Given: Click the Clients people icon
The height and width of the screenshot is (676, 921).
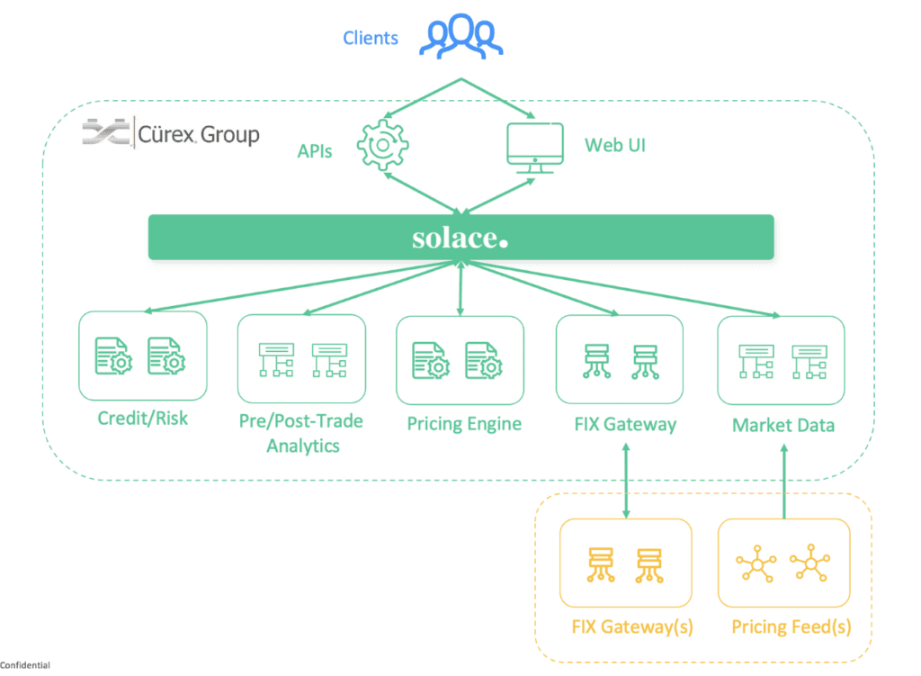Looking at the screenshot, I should point(460,38).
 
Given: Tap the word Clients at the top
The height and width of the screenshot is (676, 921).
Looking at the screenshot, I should point(370,39).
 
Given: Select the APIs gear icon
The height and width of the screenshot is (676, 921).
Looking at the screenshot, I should point(383,146).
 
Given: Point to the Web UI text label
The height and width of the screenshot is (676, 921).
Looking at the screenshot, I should point(615,145).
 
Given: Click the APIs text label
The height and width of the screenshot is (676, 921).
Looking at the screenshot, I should point(315,151).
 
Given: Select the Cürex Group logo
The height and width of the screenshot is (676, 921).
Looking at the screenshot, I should point(171,135).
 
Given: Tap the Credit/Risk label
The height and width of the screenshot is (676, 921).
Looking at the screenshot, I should point(143,418).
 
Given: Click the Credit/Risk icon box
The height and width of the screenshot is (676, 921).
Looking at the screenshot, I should point(142,356).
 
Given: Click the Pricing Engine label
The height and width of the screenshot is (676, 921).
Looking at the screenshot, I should point(464,423).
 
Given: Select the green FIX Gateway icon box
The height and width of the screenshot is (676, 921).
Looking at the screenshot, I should point(621,358).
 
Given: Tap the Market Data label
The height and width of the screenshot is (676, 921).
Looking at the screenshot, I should point(782,425).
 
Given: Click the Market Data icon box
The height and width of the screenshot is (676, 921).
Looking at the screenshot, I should point(781,359).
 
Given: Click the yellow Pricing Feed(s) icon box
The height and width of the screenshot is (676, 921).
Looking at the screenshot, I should point(783,563).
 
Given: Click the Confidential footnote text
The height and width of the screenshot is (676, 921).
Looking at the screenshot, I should point(25,665).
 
